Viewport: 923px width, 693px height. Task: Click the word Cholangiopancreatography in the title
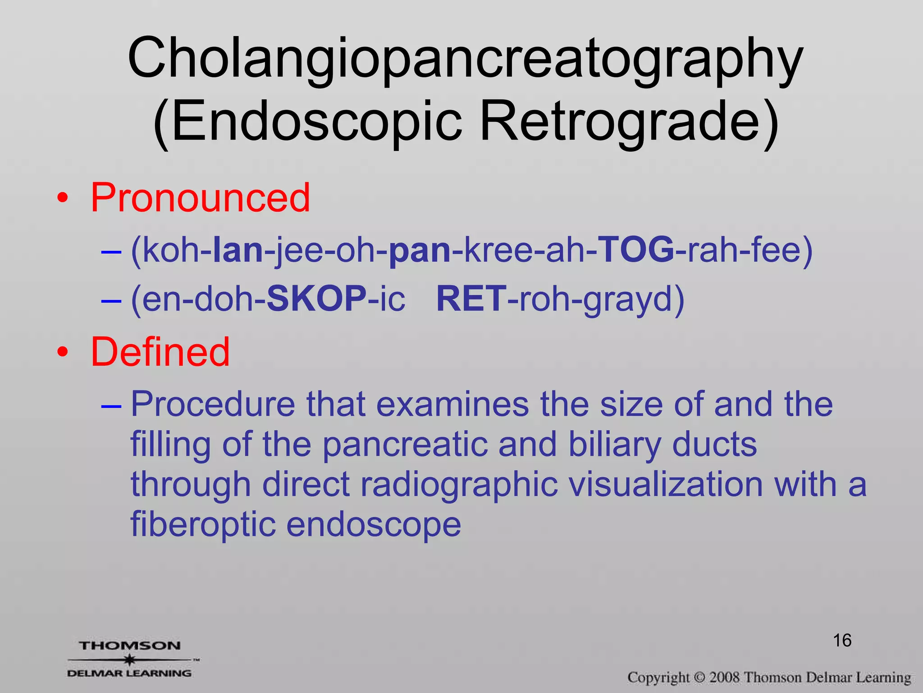(x=465, y=59)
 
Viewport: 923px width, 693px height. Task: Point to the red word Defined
(x=160, y=352)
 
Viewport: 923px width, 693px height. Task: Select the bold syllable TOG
(x=636, y=250)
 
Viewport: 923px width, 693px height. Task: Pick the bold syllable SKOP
(x=316, y=299)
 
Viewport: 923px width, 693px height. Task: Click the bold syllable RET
(x=471, y=299)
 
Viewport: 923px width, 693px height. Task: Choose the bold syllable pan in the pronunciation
(x=419, y=251)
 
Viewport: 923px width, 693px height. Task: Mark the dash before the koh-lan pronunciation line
(x=111, y=252)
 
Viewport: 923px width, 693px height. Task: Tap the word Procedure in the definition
(x=213, y=404)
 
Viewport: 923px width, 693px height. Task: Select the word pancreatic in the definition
(x=405, y=445)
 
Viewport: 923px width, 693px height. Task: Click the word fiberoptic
(x=202, y=524)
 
